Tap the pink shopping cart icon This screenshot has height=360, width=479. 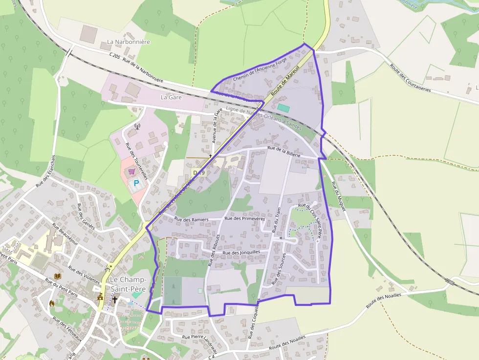coord(131,171)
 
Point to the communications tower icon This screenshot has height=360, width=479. coord(137,127)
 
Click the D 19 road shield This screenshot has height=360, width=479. coord(198,172)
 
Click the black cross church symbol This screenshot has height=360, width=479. coord(115,299)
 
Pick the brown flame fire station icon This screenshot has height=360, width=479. coord(52,303)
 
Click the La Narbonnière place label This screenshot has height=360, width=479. coord(128,42)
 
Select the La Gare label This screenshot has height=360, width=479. coord(171,97)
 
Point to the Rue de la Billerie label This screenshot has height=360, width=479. coord(284,151)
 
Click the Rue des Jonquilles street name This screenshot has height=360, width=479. coord(242,252)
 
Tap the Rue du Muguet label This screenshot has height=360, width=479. coord(338,196)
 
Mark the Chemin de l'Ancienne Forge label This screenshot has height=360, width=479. coord(260,69)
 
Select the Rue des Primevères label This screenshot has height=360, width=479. coord(244,218)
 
